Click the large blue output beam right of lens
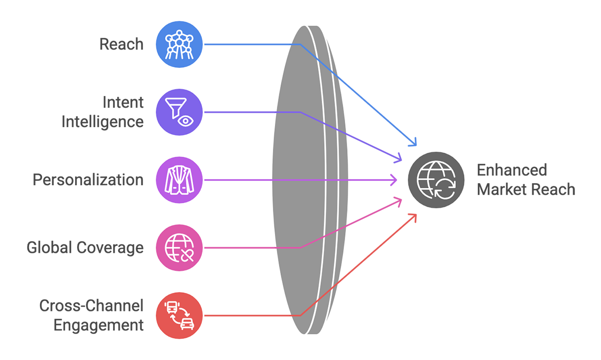point(401,100)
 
